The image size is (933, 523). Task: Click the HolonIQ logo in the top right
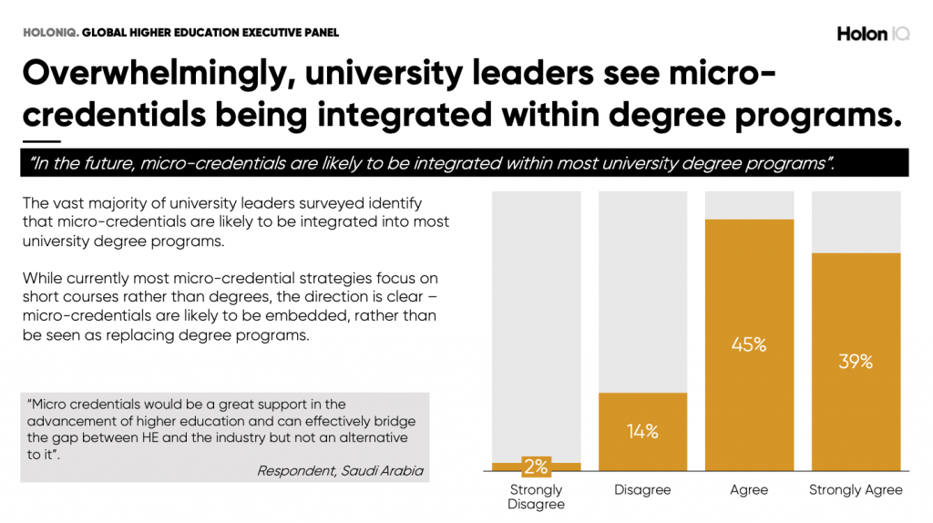click(x=872, y=34)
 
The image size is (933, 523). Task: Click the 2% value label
click(x=537, y=467)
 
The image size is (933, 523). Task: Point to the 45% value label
click(x=749, y=345)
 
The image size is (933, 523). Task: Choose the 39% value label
click(x=856, y=362)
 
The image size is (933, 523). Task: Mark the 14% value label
click(x=642, y=432)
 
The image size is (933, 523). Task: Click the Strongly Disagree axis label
click(x=537, y=497)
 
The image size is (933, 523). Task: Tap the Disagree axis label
click(x=642, y=490)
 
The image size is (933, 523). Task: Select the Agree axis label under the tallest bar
click(x=749, y=490)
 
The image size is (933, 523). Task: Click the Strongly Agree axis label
click(x=856, y=490)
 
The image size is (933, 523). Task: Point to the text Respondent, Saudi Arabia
click(x=340, y=471)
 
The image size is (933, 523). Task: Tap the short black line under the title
click(x=41, y=142)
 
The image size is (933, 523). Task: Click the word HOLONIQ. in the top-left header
click(x=50, y=33)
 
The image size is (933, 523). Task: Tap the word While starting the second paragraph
click(x=43, y=277)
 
